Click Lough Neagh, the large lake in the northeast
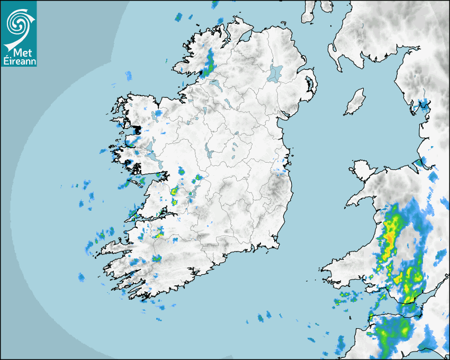coord(275,73)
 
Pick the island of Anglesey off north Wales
coord(363,169)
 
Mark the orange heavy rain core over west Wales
coord(391,238)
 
